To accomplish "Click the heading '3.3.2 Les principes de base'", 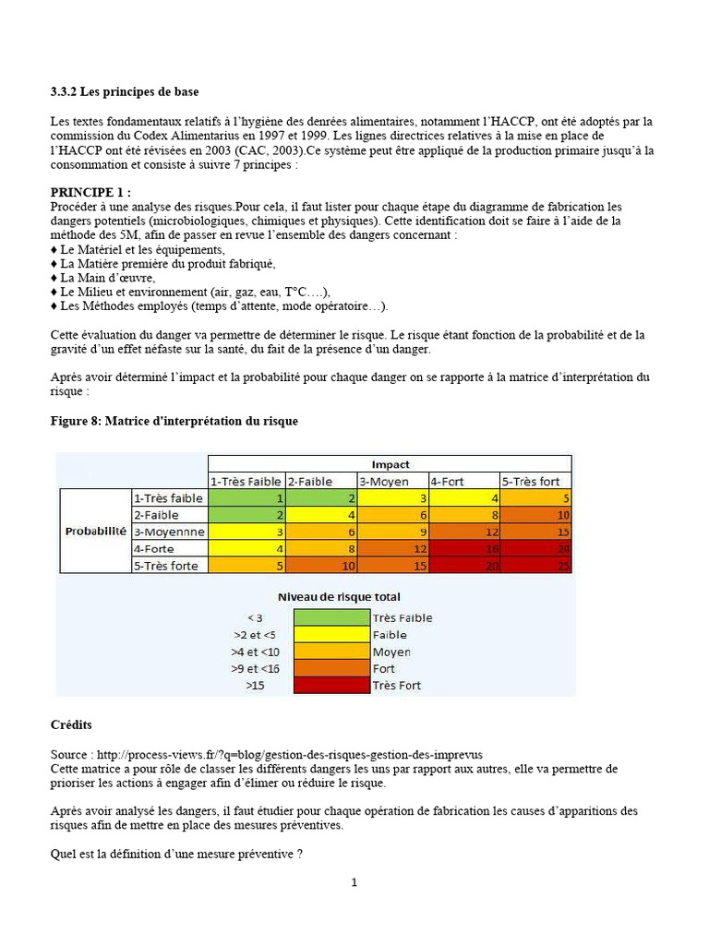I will [124, 91].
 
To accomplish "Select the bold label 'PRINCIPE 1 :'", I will [90, 192].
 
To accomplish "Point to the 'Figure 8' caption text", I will [174, 421].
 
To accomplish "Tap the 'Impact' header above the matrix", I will [390, 464].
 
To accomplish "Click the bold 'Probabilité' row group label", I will [95, 532].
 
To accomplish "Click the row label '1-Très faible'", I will [168, 497].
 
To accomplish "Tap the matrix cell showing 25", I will [536, 565].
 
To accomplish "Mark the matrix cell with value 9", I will [391, 532].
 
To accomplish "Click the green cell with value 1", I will [246, 497].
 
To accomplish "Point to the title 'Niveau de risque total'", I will [339, 597].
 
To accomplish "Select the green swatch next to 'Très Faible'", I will [330, 617].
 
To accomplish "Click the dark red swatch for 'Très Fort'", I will [330, 685].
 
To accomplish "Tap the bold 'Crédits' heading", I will [71, 725].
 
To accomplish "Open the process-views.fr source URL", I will [288, 754].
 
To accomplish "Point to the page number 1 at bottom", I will [354, 882].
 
